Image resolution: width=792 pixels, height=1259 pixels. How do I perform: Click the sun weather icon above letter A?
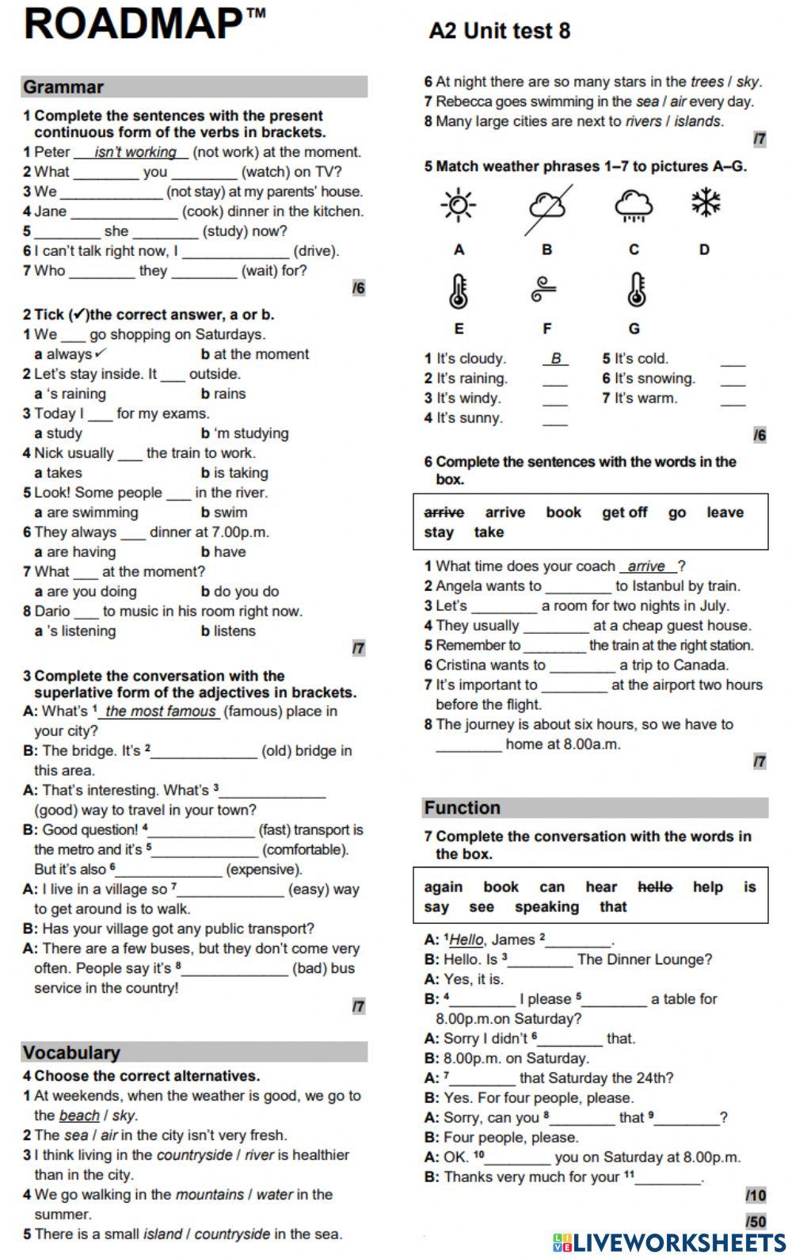coord(458,205)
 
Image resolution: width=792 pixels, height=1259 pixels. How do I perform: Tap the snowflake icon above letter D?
coord(704,202)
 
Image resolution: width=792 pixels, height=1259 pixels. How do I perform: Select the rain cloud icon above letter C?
coord(634,204)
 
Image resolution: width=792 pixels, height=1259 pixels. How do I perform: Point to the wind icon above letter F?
coord(546,288)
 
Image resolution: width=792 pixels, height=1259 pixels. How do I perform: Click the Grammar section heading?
coord(63,87)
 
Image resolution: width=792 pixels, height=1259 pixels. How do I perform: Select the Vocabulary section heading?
coord(71,1052)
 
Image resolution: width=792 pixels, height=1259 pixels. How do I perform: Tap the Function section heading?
coord(463,807)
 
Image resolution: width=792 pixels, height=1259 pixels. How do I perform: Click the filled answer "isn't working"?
coord(135,152)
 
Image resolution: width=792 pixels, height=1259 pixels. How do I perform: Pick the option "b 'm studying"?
coord(245,433)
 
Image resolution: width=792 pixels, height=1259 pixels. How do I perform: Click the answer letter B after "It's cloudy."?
coord(555,359)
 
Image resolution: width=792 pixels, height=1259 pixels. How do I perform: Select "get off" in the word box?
coord(624,513)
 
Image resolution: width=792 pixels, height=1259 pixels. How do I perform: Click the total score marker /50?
coord(756,1221)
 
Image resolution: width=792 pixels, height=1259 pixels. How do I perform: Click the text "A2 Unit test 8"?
coord(499,31)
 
